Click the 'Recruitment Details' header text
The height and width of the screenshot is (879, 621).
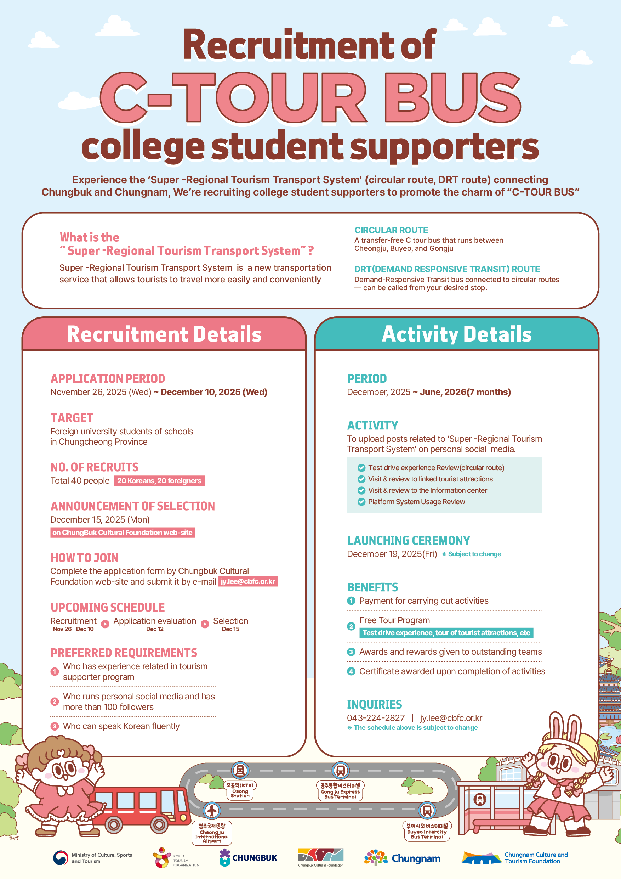pos(164,334)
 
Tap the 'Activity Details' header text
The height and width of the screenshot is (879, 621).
pos(456,334)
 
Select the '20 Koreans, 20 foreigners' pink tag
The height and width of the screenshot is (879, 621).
pos(159,480)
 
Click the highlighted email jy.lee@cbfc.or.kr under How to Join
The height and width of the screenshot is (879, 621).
pos(248,581)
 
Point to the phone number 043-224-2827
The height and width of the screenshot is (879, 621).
pos(375,718)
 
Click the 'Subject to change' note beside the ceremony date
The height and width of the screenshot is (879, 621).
pos(474,554)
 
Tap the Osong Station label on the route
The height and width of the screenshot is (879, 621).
pos(240,790)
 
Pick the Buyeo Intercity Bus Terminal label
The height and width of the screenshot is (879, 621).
pos(427,831)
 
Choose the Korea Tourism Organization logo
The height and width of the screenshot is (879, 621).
pos(176,858)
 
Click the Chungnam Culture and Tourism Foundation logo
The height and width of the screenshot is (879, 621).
pos(515,858)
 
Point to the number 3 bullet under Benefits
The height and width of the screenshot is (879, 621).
pos(351,652)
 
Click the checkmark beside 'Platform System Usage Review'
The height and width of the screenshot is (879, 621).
pos(361,502)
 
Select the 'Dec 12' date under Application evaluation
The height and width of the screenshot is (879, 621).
pos(155,629)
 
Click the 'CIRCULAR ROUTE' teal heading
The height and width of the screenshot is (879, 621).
pos(391,230)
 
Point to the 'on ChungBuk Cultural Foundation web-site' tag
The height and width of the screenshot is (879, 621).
pos(123,532)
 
